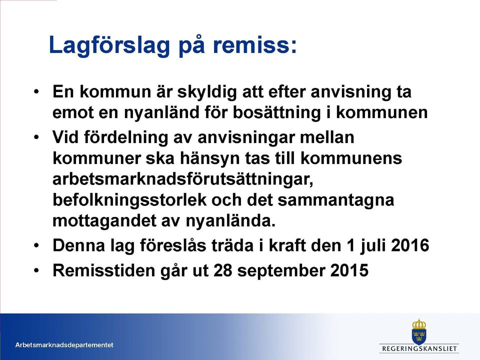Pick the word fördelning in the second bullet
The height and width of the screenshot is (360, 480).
point(125,137)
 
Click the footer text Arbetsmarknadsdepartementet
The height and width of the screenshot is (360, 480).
point(64,345)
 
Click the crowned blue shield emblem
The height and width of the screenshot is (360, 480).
point(419,331)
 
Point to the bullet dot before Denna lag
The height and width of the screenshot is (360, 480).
point(36,245)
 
